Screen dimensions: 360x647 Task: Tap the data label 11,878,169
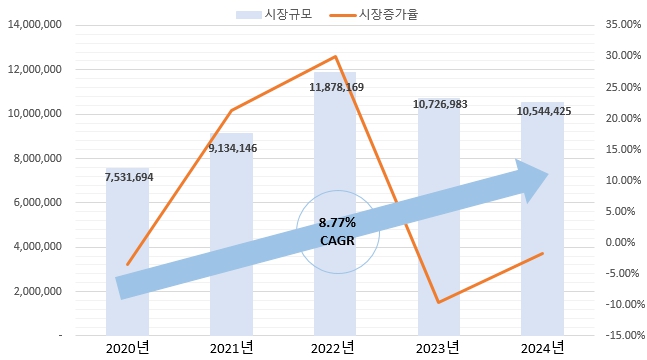tap(336, 88)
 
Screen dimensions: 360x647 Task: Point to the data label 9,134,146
tap(232, 148)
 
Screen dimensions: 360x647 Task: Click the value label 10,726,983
tap(439, 104)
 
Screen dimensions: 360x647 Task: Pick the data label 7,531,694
tap(128, 177)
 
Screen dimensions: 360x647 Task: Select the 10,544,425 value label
tap(544, 111)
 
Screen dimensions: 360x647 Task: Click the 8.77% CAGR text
tap(337, 231)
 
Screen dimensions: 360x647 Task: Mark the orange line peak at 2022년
tap(336, 57)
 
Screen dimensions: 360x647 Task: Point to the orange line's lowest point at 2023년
tap(439, 302)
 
